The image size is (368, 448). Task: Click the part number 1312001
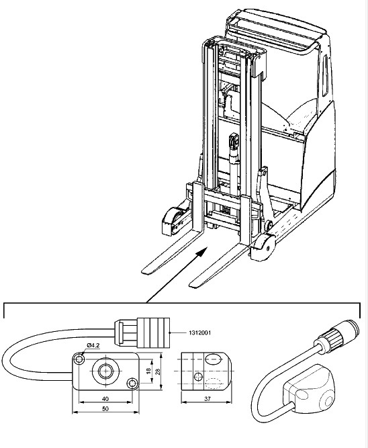pos(199,332)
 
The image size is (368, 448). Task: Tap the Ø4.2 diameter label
pos(93,345)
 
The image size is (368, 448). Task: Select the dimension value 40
pos(105,398)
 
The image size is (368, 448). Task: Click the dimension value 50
pos(105,408)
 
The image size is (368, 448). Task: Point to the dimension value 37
pos(208,398)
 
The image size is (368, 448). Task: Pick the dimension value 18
pos(148,371)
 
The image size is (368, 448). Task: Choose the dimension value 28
pos(157,371)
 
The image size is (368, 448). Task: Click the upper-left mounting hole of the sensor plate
pos(79,359)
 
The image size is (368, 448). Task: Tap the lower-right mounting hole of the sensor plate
pos(132,383)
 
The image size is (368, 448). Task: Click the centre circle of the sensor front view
pos(105,371)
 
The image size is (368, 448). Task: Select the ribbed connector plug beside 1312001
pos(142,332)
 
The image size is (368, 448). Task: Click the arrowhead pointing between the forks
pos(202,252)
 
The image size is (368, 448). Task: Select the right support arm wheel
pos(263,247)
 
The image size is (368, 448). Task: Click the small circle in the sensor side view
pos(198,377)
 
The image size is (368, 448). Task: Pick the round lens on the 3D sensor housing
pos(328,401)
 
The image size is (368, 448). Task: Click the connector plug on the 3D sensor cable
pos(337,335)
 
